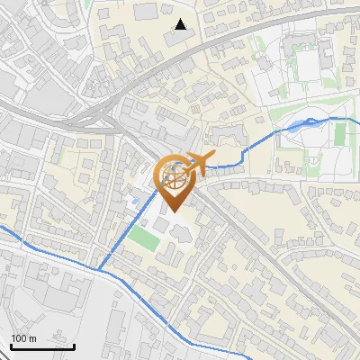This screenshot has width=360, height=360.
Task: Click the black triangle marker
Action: tap(181, 24)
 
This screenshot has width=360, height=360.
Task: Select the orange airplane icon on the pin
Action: tap(199, 164)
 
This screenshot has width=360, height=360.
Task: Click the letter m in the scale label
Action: tap(32, 338)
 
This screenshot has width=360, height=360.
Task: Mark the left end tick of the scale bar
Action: tap(11, 346)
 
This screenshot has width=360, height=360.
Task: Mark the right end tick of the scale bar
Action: tap(74, 346)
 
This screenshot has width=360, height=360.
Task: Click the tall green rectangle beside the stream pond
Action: tap(339, 134)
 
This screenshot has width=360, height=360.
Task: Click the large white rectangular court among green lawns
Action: tap(308, 63)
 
